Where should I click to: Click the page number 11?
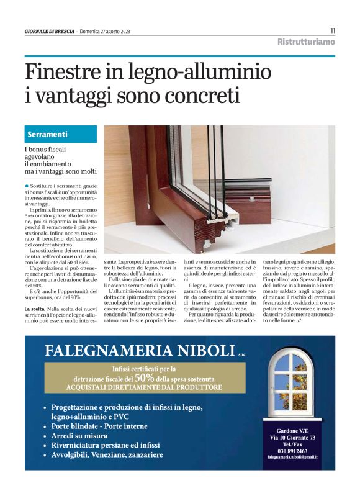[333, 30]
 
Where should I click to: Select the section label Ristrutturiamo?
[306, 42]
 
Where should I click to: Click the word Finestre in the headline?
[62, 73]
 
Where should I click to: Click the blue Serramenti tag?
[48, 134]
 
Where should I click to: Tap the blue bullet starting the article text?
[27, 186]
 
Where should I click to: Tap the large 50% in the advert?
[144, 377]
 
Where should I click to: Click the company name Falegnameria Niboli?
[140, 351]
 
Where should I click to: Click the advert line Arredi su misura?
[81, 436]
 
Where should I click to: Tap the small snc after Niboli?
[242, 356]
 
